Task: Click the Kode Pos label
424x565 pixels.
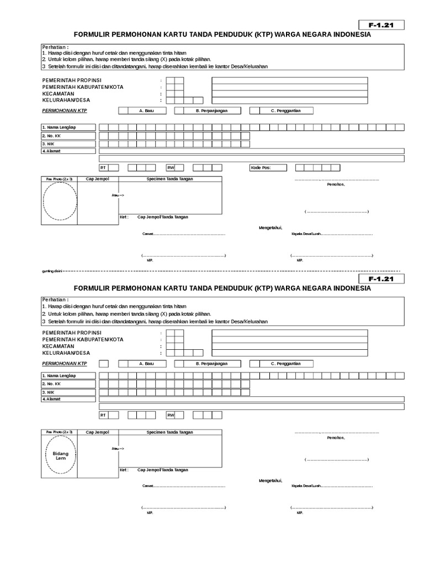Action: tap(261, 168)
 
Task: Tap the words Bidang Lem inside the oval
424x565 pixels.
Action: tap(61, 455)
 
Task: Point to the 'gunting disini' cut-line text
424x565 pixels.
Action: tap(52, 271)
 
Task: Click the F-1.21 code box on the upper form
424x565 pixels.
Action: tap(381, 25)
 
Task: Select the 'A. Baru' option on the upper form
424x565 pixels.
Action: tap(146, 110)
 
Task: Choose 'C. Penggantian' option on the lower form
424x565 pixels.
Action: tap(285, 364)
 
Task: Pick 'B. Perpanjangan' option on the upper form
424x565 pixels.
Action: tap(211, 110)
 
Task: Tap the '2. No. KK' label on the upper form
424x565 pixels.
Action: tap(51, 136)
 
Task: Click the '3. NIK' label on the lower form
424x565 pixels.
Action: tap(49, 391)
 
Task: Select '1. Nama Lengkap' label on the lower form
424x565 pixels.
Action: tap(59, 376)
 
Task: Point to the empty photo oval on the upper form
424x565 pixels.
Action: tap(61, 201)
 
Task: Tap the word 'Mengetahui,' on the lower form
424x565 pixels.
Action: tap(271, 481)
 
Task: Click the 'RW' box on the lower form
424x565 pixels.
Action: tap(171, 415)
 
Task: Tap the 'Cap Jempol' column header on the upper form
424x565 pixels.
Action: tap(97, 179)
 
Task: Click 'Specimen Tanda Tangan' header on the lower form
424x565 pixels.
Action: tap(169, 432)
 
